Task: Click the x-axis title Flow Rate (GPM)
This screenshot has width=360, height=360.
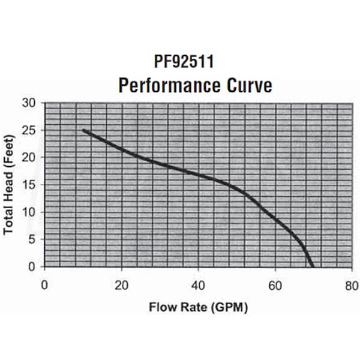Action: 198,307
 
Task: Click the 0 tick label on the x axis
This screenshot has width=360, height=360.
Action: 44,284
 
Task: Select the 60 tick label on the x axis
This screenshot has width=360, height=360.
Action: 275,284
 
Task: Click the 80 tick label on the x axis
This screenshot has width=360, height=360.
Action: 352,284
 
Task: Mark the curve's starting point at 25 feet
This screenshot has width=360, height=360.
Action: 83,130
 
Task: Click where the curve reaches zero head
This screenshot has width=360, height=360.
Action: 312,266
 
